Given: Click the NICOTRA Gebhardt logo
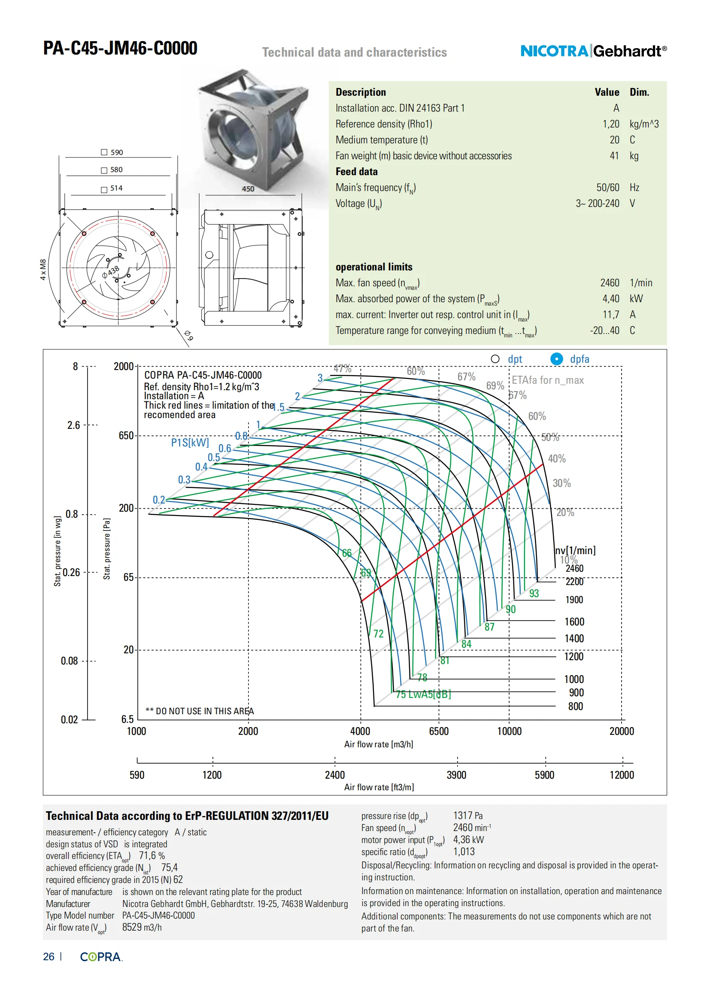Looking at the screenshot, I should click(x=593, y=51).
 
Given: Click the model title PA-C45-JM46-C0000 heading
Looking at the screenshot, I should click(x=120, y=48).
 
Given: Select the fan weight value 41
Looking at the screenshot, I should click(x=614, y=156).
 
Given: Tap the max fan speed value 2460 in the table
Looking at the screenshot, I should click(x=610, y=283).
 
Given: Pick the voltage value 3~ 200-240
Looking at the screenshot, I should click(x=597, y=203).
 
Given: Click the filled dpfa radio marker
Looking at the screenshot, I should click(x=557, y=359).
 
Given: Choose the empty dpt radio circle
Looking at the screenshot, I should click(x=495, y=359).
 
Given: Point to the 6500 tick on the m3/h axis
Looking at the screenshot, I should click(x=439, y=731).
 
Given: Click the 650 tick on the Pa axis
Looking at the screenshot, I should click(x=126, y=436).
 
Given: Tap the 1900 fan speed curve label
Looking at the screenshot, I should click(x=574, y=600).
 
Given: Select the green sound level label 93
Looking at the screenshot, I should click(x=534, y=593).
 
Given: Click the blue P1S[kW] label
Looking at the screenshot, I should click(x=190, y=443).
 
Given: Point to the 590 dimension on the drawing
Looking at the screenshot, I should click(x=116, y=152).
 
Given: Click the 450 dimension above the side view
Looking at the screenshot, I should click(x=248, y=189).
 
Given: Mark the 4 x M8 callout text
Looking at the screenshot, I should click(x=43, y=270).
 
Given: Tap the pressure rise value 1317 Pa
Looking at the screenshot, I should click(x=468, y=816).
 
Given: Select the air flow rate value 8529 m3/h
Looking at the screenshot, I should click(x=142, y=927).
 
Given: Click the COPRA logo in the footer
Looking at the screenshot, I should click(x=100, y=957).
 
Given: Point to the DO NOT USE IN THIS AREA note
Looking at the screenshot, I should click(x=200, y=711).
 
